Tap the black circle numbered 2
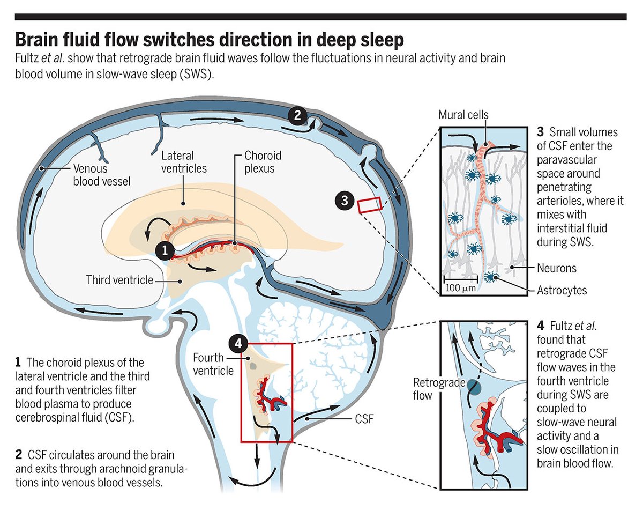pyautogui.click(x=298, y=115)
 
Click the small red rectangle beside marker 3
pyautogui.click(x=369, y=205)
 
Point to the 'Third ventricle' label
pyautogui.click(x=118, y=279)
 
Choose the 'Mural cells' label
pyautogui.click(x=463, y=114)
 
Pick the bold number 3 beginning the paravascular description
pyautogui.click(x=540, y=132)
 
